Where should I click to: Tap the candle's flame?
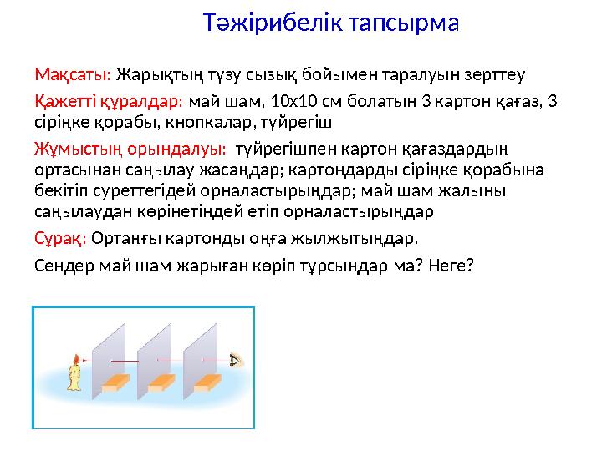click(x=76, y=361)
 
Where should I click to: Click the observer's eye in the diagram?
click(x=236, y=361)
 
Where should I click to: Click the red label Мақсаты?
click(x=73, y=75)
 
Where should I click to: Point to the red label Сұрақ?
click(x=60, y=239)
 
